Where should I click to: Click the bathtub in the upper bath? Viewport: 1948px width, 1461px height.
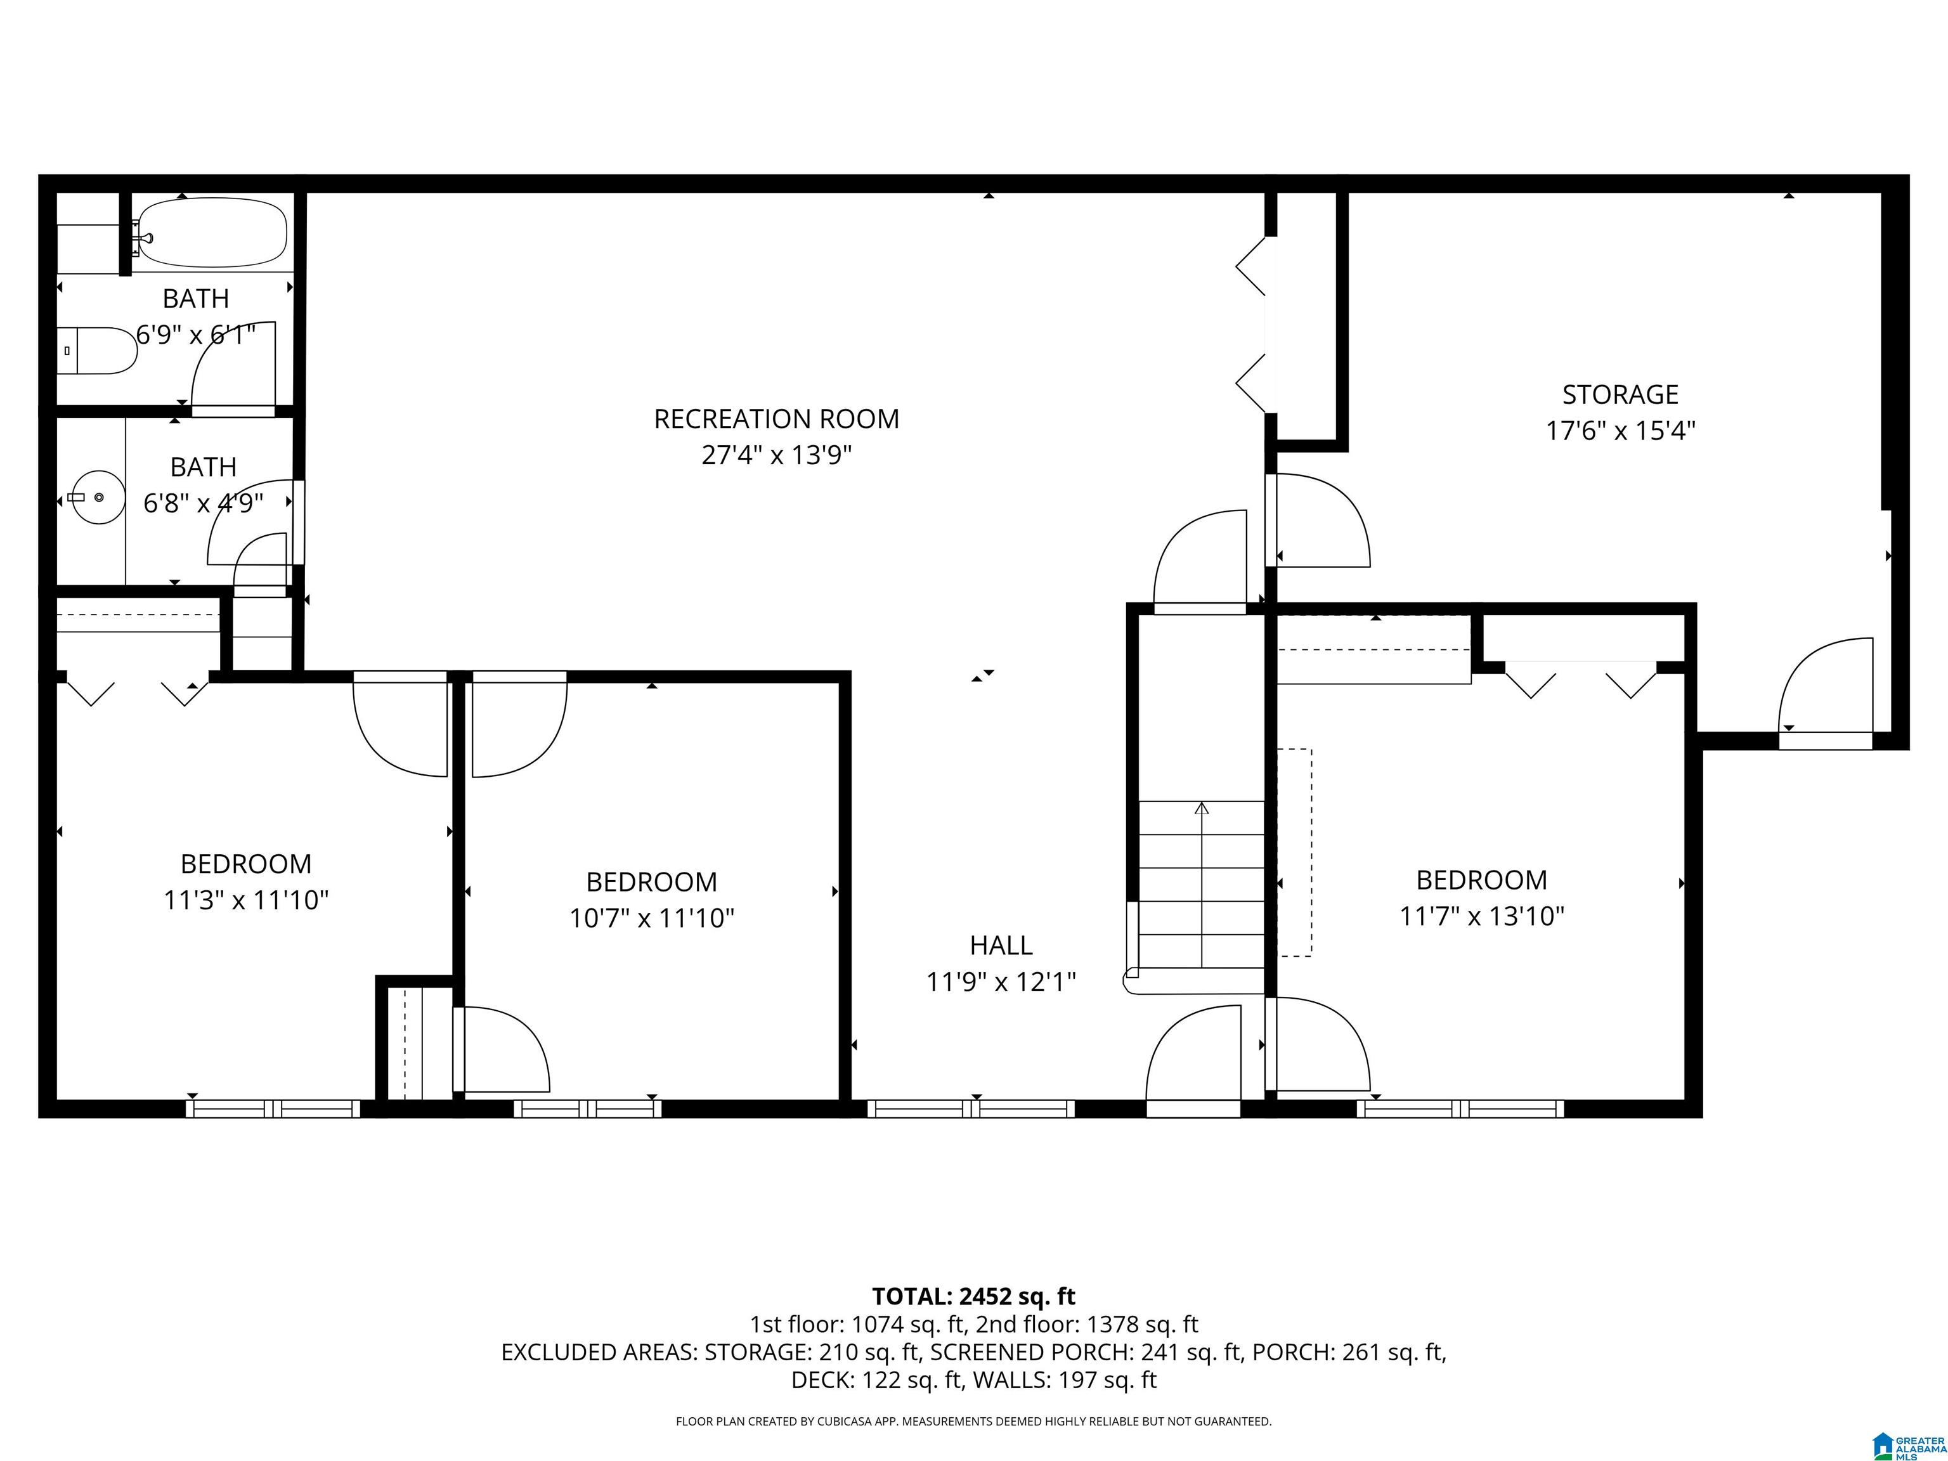(212, 233)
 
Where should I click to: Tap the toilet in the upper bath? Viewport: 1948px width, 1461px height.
(97, 351)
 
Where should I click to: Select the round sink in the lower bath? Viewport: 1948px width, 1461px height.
(98, 498)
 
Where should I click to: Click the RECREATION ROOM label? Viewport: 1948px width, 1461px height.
(776, 419)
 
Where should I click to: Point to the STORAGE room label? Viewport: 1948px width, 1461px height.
(1620, 394)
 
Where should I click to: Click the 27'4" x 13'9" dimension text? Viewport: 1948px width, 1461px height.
(777, 455)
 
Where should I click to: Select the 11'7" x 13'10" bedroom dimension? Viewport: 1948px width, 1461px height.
(1482, 916)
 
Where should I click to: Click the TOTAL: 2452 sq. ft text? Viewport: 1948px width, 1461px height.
(973, 1296)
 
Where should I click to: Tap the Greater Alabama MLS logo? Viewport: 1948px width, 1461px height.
(1909, 1445)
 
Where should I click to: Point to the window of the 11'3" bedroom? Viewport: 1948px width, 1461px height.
(273, 1108)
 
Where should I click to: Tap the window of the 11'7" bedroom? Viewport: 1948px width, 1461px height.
(1460, 1108)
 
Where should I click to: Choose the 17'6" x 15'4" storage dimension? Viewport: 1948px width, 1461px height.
(1620, 431)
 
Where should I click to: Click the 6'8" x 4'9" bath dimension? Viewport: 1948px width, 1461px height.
(204, 503)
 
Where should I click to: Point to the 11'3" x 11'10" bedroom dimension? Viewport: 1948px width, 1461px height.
(247, 900)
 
